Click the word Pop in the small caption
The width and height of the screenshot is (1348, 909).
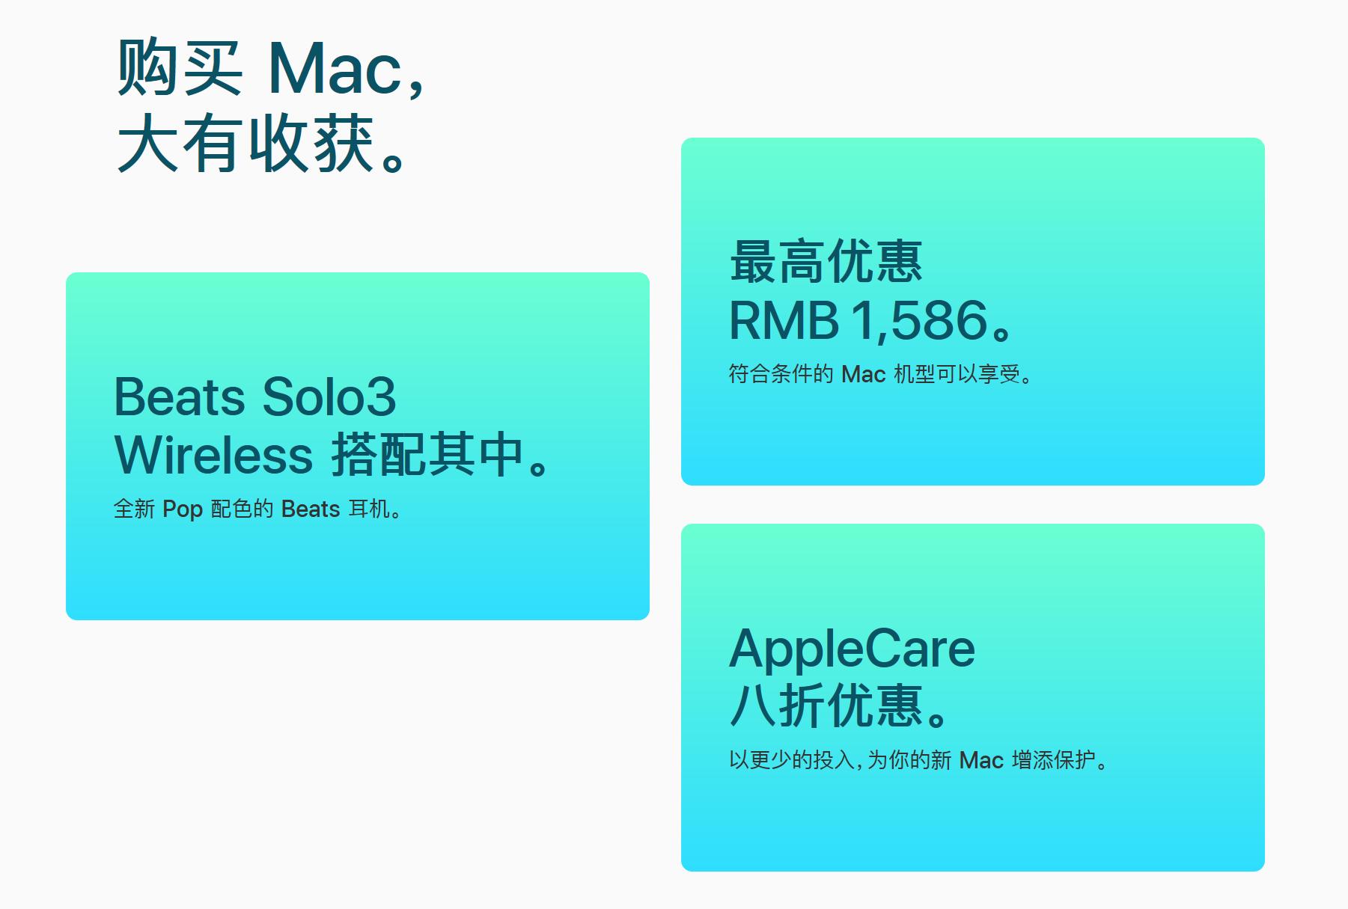click(183, 509)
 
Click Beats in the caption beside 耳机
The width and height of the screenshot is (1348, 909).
click(311, 509)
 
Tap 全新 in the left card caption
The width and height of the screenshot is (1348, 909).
click(134, 509)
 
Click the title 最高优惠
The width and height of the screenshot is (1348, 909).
click(826, 262)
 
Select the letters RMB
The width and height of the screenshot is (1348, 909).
click(784, 320)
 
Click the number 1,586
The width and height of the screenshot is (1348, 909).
click(919, 320)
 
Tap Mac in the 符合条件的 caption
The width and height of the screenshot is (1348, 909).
click(863, 374)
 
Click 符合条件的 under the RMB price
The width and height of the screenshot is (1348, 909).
click(781, 374)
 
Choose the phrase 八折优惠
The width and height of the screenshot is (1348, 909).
click(826, 706)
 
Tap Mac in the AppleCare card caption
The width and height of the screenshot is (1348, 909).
click(980, 761)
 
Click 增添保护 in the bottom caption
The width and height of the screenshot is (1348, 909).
click(1053, 761)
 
